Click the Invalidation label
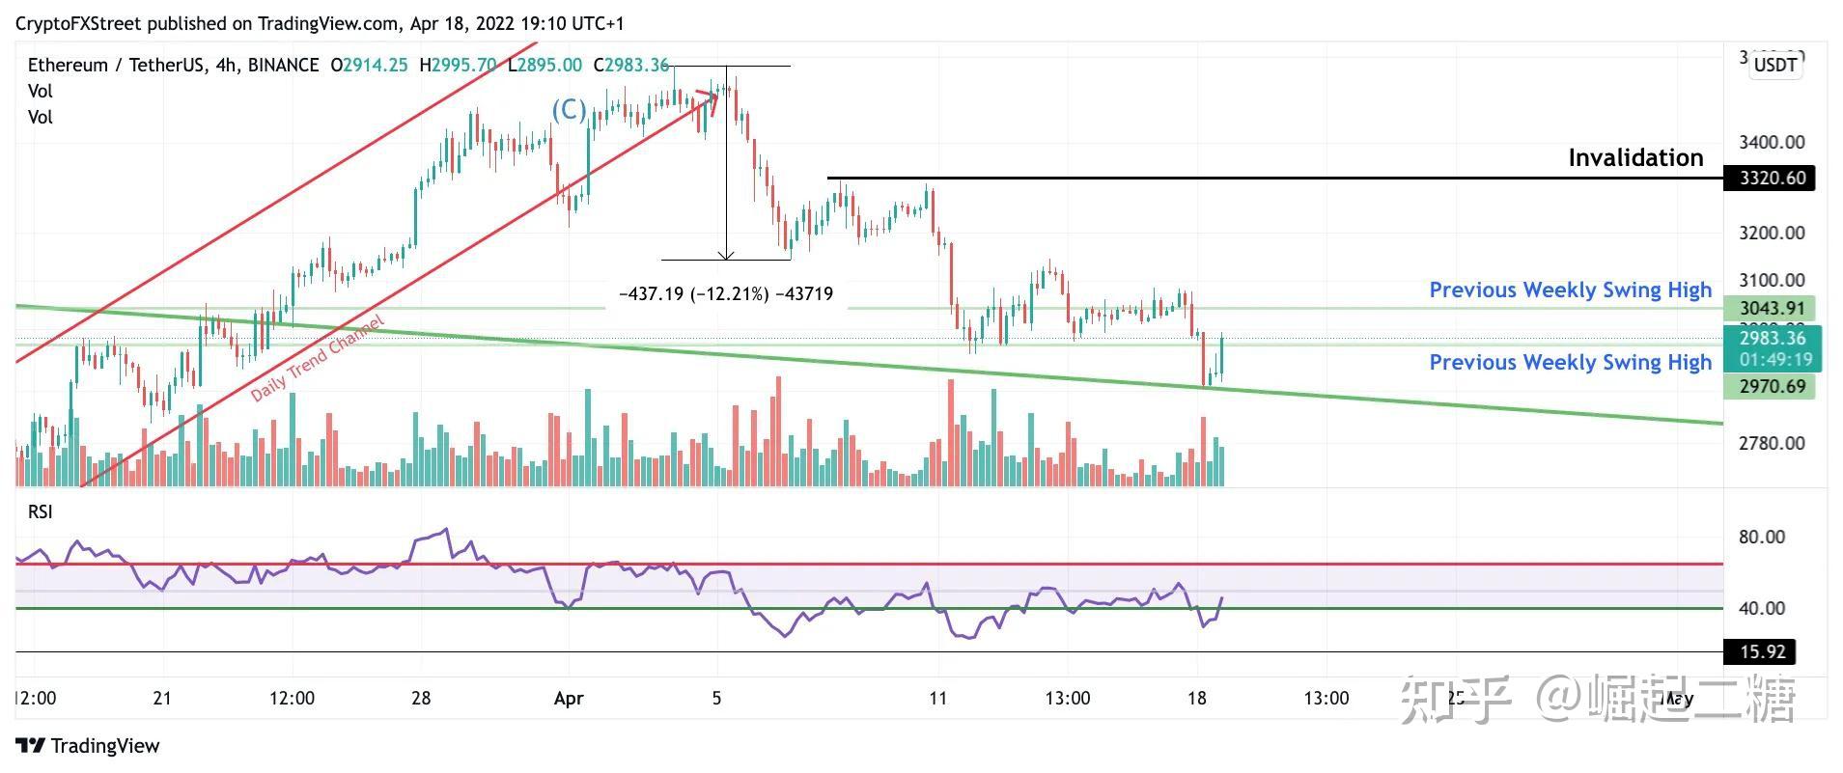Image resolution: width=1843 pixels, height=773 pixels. tap(1634, 157)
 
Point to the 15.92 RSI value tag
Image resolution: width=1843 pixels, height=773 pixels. tap(1761, 652)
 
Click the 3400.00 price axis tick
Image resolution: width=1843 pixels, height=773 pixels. tap(1771, 143)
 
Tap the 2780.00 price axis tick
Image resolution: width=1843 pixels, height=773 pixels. tap(1771, 444)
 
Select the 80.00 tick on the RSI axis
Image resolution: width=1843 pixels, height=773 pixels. tap(1761, 538)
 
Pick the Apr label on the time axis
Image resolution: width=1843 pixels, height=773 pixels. tap(569, 698)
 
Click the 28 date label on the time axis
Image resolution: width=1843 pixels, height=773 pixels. tap(420, 698)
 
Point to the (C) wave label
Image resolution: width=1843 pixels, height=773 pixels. tap(569, 110)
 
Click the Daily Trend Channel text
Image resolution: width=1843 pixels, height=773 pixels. tap(318, 358)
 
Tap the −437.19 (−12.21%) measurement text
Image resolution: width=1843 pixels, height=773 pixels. tap(725, 294)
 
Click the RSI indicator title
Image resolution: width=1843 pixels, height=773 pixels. tap(40, 511)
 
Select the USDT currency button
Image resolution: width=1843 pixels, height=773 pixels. tap(1775, 65)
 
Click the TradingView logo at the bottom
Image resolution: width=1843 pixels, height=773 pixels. tap(88, 746)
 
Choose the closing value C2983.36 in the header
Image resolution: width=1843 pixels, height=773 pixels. tap(631, 65)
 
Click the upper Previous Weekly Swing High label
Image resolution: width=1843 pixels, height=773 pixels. tap(1570, 290)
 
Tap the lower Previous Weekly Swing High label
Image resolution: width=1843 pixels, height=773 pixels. tap(1570, 363)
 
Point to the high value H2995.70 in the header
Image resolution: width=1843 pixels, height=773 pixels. tap(458, 65)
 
